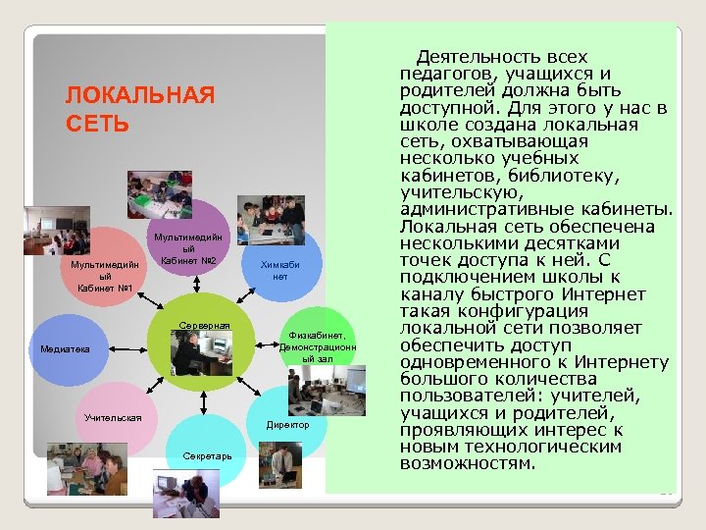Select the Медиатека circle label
[x=65, y=348]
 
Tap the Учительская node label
[x=113, y=418]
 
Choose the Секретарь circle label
[x=206, y=456]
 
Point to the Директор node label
[x=287, y=425]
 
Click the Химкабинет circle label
[x=279, y=271]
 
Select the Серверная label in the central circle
[x=204, y=325]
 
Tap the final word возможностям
[x=469, y=462]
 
